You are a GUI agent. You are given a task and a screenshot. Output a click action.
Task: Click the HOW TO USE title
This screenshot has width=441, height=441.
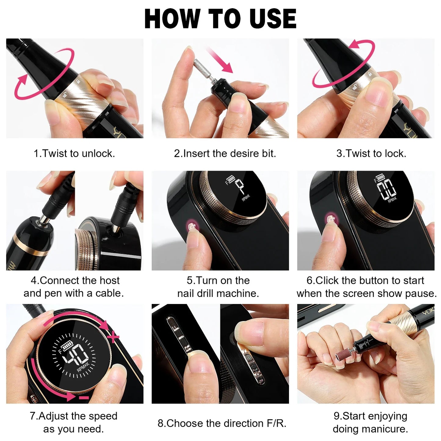220,19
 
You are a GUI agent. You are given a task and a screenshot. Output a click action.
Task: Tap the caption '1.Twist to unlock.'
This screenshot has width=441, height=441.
74,153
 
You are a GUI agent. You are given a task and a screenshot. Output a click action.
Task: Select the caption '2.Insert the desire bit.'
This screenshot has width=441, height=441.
225,153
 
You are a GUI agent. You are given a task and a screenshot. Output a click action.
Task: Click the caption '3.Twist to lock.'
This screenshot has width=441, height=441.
371,153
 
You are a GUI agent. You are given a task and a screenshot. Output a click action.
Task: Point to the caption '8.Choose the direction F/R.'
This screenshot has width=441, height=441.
222,423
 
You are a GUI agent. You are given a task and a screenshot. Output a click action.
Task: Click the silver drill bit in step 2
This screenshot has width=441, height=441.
201,68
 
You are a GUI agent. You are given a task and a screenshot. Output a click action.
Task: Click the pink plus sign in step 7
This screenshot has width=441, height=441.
113,337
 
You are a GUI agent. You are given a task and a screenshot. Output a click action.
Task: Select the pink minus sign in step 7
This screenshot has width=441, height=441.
84,398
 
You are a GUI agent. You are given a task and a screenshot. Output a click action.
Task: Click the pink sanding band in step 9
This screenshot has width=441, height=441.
341,356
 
